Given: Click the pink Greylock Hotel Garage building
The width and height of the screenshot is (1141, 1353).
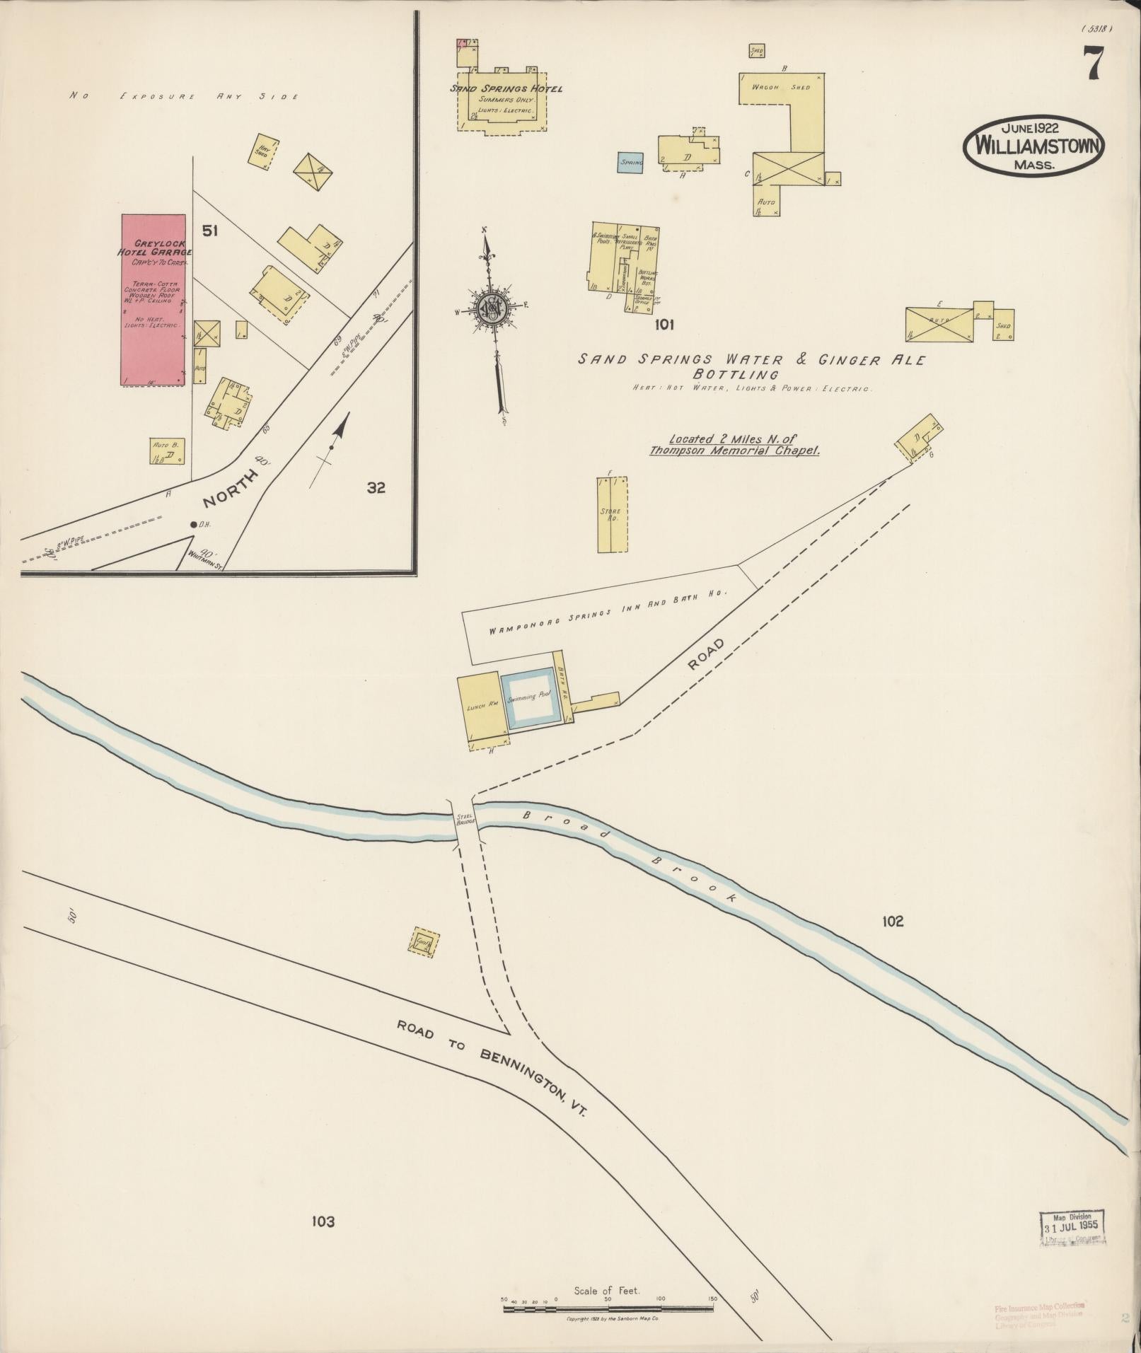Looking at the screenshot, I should pyautogui.click(x=154, y=300).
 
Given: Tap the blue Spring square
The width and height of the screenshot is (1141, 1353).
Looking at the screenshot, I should pyautogui.click(x=631, y=163).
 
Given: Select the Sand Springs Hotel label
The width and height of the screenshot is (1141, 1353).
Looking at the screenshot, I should pyautogui.click(x=506, y=88).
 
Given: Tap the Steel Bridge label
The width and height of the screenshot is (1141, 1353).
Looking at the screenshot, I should pyautogui.click(x=465, y=820).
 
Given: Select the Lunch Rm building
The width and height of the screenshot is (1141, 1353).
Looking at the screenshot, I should pyautogui.click(x=481, y=707).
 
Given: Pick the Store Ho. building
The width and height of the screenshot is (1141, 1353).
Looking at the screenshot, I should pyautogui.click(x=613, y=515).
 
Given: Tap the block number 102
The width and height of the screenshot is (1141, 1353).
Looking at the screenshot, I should pyautogui.click(x=893, y=921).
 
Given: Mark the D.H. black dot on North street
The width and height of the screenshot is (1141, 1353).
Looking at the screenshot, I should pyautogui.click(x=193, y=525).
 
